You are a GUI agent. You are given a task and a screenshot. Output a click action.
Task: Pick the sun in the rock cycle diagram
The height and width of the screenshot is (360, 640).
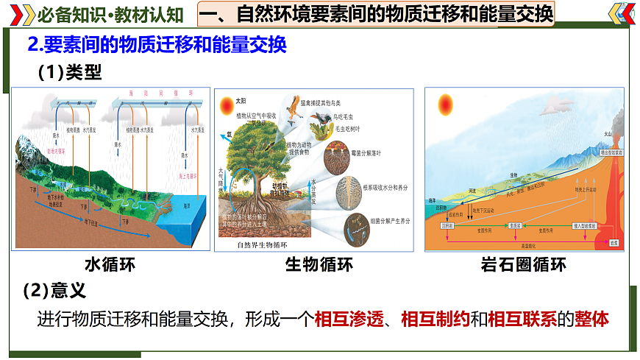click(x=446, y=106)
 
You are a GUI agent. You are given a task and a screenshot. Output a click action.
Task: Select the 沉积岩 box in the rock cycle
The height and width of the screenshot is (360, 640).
click(x=447, y=225)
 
